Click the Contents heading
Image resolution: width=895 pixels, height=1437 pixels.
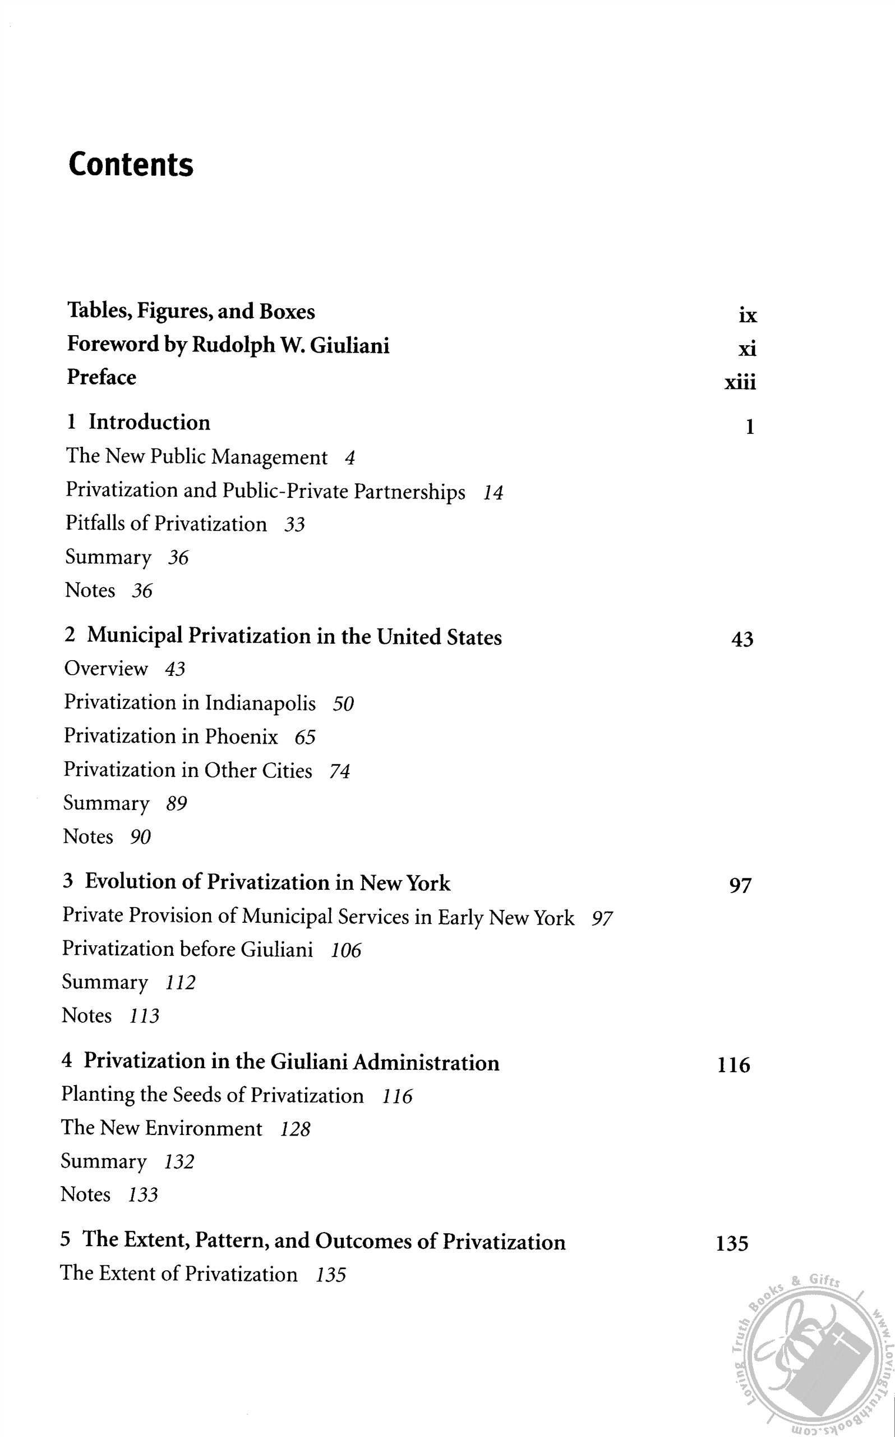click(x=131, y=164)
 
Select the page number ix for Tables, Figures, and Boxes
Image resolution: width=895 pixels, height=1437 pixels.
click(x=748, y=315)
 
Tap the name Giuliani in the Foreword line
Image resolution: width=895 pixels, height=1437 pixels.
click(x=350, y=345)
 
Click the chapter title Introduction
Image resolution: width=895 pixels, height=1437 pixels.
click(x=149, y=422)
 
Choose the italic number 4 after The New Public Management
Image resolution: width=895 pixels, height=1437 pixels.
click(x=350, y=458)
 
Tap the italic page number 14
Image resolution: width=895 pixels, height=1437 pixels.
click(x=492, y=493)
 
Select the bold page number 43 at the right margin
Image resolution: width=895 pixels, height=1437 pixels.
click(x=742, y=640)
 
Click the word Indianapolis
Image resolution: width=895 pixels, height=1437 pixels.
click(x=260, y=703)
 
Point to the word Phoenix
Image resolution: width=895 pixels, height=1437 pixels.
click(x=241, y=736)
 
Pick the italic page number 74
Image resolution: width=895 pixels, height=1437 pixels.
click(x=340, y=771)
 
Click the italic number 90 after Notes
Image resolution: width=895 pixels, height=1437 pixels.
click(x=140, y=837)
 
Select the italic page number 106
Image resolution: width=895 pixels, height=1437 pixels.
click(x=345, y=951)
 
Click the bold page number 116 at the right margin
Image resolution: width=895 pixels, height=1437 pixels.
click(x=733, y=1065)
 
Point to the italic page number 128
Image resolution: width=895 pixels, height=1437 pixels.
click(x=295, y=1129)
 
